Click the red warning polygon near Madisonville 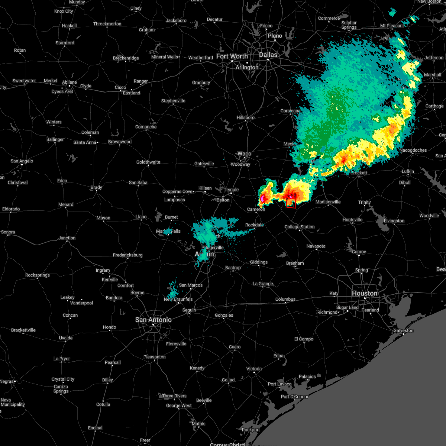click(x=291, y=201)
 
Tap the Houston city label click(x=364, y=293)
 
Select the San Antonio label click(x=153, y=320)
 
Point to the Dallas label click(x=268, y=55)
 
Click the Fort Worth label click(x=232, y=56)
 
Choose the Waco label click(x=244, y=153)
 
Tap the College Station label click(x=300, y=227)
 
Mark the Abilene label click(x=69, y=82)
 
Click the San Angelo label click(x=22, y=161)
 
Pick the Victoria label click(x=254, y=369)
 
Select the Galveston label click(x=403, y=330)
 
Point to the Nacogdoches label click(x=413, y=150)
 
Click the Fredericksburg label click(x=127, y=255)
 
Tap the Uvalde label click(x=66, y=338)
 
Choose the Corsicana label click(x=290, y=111)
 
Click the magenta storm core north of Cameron click(x=262, y=198)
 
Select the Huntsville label click(x=352, y=220)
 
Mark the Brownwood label click(x=120, y=142)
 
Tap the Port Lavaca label click(x=279, y=384)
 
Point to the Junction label click(x=67, y=238)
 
